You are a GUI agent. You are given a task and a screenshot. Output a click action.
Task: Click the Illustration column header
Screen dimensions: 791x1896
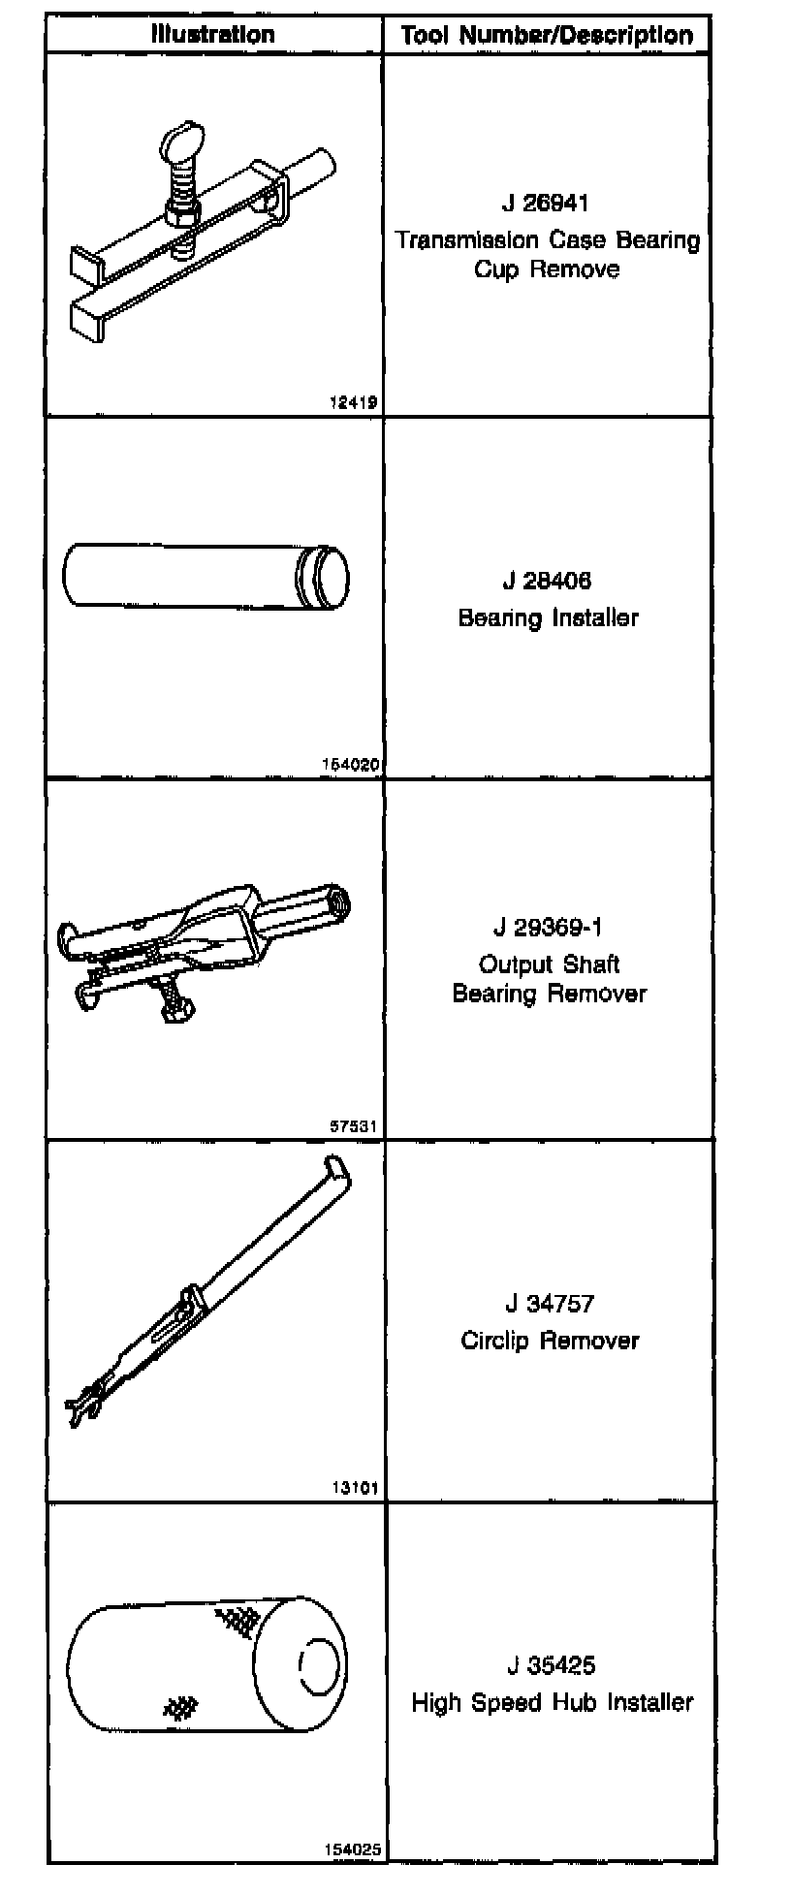point(212,35)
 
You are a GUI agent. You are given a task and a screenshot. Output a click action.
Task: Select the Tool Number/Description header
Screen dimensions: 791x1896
point(547,36)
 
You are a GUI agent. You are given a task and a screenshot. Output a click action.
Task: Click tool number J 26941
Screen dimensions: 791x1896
point(546,203)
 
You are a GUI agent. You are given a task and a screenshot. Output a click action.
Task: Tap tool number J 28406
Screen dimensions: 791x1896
point(547,581)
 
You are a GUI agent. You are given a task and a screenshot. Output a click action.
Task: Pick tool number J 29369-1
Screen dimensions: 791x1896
point(548,928)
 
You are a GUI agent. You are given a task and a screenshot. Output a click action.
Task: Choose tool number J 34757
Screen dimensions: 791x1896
point(549,1304)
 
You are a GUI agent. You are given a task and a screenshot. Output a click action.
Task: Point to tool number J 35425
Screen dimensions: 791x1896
point(550,1666)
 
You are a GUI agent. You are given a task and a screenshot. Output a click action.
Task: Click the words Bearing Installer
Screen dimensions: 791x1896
point(548,617)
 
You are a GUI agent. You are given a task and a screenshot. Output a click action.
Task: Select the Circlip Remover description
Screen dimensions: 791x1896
point(550,1341)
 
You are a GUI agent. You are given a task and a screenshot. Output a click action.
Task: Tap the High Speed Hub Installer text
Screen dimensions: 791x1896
point(552,1702)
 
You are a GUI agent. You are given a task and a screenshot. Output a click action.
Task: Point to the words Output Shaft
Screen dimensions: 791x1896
point(549,964)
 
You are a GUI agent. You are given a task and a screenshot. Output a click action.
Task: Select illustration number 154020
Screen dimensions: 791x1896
point(349,764)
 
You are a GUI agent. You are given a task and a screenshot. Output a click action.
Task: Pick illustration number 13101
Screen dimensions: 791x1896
point(354,1488)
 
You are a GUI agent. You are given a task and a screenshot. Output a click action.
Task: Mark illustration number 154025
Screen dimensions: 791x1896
point(352,1849)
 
